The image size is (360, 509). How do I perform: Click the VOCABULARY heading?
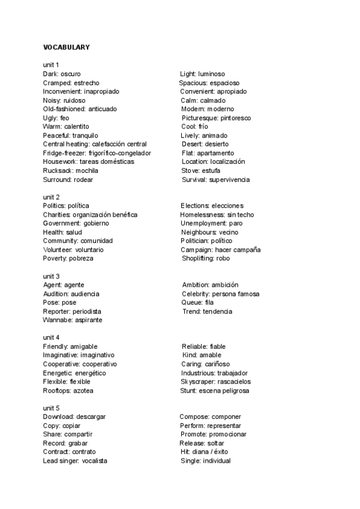[66, 47]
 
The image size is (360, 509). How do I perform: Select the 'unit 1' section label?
[51, 65]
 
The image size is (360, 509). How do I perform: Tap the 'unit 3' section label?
[51, 276]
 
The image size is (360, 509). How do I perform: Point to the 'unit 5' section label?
[51, 408]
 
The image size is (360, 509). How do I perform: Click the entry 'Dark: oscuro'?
[62, 74]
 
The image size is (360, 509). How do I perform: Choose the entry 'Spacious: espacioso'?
[209, 83]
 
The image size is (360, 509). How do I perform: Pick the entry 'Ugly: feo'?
[56, 118]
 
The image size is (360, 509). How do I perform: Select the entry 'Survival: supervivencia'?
[215, 179]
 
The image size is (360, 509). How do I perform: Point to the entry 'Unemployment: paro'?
[212, 223]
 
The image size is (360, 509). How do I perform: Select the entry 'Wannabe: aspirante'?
[73, 320]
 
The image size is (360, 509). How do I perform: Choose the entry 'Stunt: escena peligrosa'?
[215, 391]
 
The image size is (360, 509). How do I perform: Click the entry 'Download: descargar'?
[75, 417]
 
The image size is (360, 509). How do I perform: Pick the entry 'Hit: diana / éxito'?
[204, 451]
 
